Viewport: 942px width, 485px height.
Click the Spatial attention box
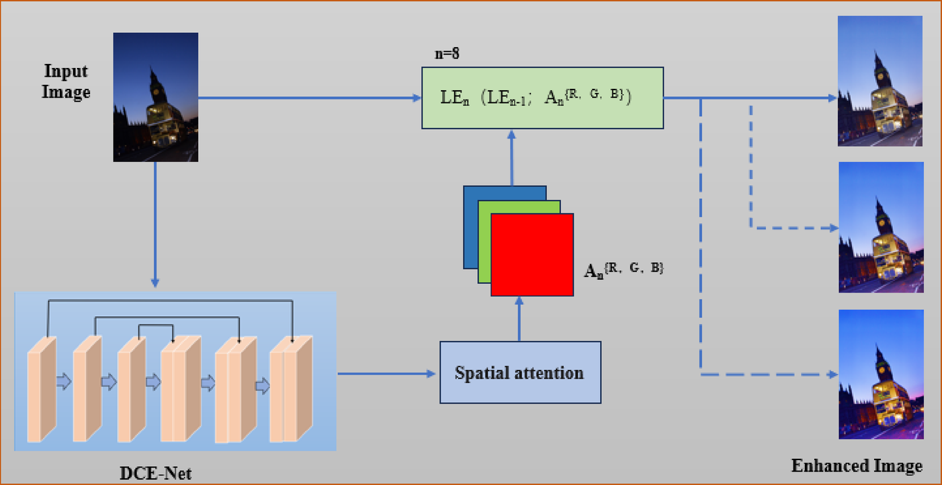click(519, 372)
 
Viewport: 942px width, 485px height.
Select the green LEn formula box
click(542, 98)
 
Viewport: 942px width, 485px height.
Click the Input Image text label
click(66, 81)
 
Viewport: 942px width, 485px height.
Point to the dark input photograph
click(155, 97)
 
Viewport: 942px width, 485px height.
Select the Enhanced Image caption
click(856, 465)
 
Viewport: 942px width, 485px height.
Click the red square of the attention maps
click(532, 255)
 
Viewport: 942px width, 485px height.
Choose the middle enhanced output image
click(881, 227)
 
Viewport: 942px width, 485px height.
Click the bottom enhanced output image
click(881, 374)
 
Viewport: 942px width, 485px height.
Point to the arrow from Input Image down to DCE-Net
click(155, 222)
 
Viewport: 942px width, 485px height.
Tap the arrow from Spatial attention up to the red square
click(519, 319)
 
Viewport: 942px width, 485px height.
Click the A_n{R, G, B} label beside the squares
click(624, 271)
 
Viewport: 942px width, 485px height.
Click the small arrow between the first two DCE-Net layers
click(64, 382)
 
